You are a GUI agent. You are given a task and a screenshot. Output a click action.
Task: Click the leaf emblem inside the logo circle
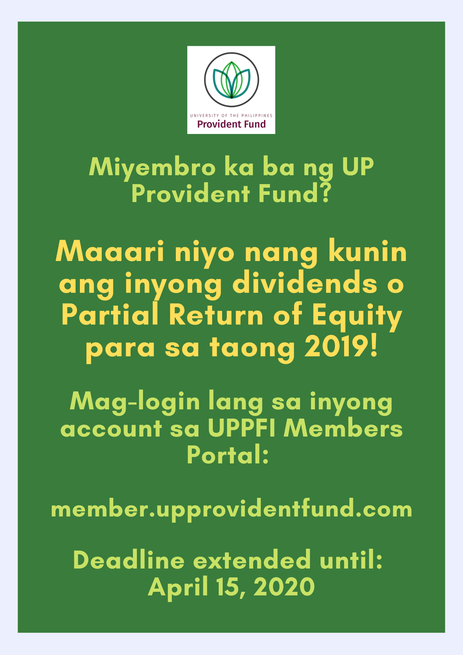(x=231, y=80)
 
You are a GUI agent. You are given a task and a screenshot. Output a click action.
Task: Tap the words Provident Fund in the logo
(x=231, y=124)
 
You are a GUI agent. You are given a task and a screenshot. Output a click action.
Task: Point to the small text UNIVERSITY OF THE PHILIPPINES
(x=231, y=116)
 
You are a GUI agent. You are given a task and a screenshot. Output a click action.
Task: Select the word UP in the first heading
(x=358, y=167)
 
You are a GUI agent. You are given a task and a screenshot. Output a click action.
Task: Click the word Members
(x=343, y=428)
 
